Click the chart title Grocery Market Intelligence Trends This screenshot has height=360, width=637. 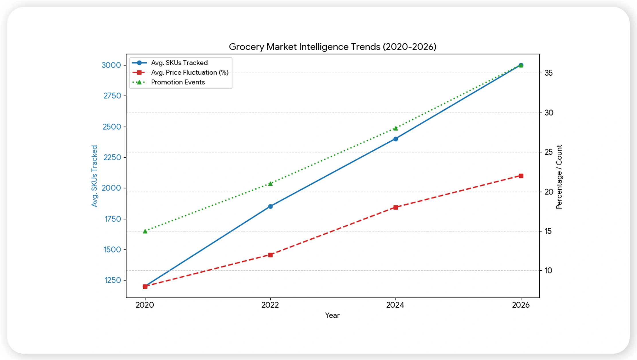point(332,47)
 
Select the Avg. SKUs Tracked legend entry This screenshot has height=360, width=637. point(179,63)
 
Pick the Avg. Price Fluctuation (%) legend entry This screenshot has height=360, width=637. point(189,72)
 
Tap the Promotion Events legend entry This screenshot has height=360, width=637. point(178,82)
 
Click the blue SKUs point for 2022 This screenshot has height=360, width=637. point(270,206)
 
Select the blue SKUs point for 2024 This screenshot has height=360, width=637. point(396,139)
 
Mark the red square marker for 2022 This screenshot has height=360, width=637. point(270,255)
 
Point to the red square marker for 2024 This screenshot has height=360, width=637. point(396,207)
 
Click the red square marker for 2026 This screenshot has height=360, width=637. point(521,176)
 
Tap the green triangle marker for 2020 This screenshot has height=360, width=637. point(145,231)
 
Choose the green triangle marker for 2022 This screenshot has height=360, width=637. point(270,184)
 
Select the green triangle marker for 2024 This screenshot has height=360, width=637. point(396,128)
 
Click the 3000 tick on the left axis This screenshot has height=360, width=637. point(111,65)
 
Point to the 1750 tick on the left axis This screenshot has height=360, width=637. point(113,219)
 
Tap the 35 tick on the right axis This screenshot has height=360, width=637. point(548,73)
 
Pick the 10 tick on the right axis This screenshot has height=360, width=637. point(548,271)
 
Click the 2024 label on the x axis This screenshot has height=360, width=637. point(395,305)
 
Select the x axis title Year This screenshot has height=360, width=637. point(332,315)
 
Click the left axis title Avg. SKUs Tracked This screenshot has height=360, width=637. point(94,176)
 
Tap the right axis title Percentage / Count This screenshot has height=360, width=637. point(559,177)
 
